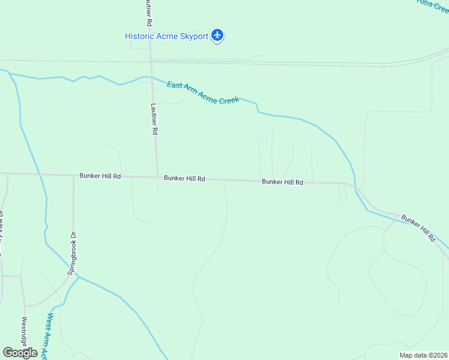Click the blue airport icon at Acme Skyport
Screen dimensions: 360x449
pos(217,36)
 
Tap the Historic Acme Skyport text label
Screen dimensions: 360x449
pos(166,36)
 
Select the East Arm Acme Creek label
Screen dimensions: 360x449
pos(203,92)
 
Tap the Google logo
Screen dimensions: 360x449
pos(20,353)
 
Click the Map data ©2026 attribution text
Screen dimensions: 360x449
pos(423,355)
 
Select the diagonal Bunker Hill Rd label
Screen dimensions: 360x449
pos(418,228)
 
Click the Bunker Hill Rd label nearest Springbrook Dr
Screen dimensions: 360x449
pos(100,176)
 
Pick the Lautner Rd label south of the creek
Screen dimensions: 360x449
pos(154,118)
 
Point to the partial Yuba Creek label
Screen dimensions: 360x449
pos(433,5)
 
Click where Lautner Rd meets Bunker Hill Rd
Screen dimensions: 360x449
pos(157,177)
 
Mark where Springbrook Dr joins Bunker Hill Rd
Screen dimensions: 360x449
pos(74,176)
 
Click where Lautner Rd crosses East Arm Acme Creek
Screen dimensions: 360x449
pos(151,77)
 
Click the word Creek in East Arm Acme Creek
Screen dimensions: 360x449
pos(229,98)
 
